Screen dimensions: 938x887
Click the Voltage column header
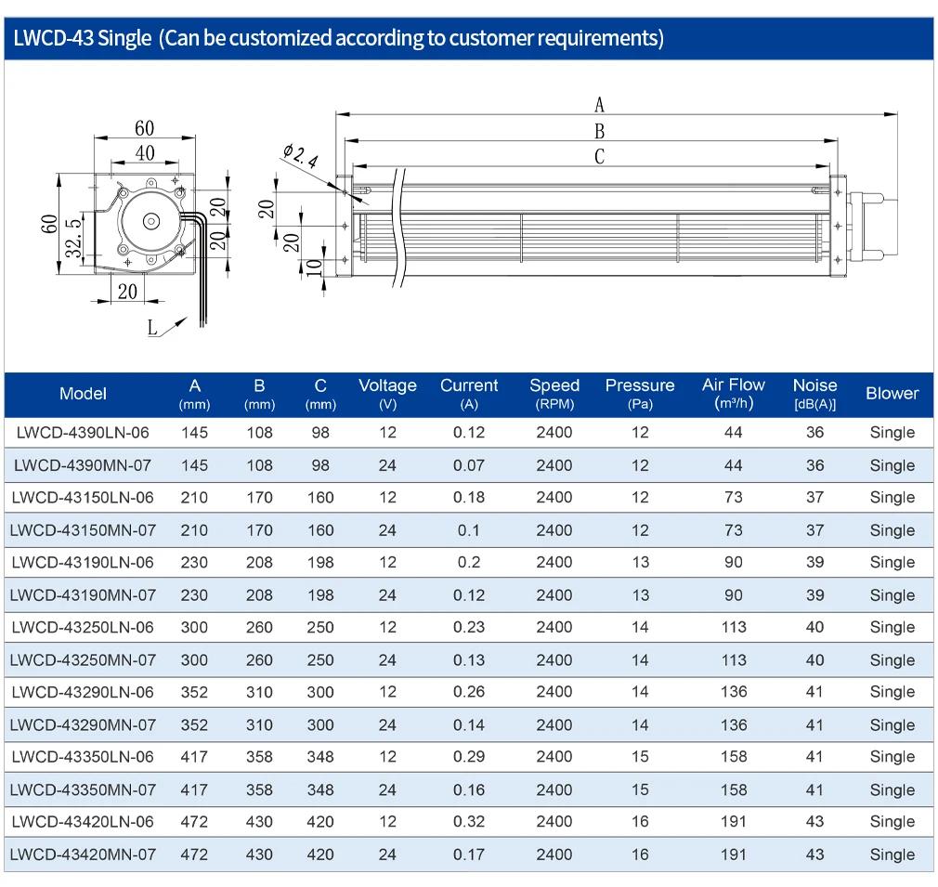pos(387,393)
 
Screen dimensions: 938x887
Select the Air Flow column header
pos(734,393)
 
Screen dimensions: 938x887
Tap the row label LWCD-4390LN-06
pos(83,433)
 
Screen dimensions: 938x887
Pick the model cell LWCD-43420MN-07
pos(83,854)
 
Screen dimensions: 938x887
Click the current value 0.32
pos(469,822)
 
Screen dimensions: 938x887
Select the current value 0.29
pos(469,757)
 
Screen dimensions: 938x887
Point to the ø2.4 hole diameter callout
pos(300,155)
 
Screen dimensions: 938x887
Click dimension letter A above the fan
pos(599,105)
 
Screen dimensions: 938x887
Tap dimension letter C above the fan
pos(599,157)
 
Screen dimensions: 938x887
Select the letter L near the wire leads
pos(152,328)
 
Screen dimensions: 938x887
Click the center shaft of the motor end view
pos(150,221)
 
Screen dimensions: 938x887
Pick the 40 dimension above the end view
pos(145,153)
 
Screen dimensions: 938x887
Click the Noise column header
pos(814,393)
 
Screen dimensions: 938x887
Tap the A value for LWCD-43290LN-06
pos(194,692)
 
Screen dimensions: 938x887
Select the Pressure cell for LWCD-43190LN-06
pos(640,562)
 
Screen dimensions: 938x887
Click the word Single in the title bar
pos(124,38)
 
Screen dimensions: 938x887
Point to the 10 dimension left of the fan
pos(314,267)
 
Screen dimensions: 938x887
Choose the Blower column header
pos(892,393)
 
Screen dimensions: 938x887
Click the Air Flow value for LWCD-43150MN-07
pos(734,530)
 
